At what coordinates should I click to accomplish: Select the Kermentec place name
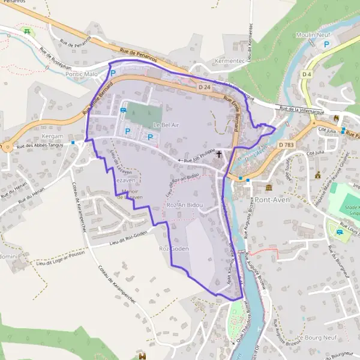230,62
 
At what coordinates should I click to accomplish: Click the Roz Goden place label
174,248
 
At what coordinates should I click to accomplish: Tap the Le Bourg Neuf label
319,338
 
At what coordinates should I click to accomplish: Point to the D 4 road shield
307,74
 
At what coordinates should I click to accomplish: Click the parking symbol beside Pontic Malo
112,73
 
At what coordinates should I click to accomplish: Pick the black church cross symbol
219,154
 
